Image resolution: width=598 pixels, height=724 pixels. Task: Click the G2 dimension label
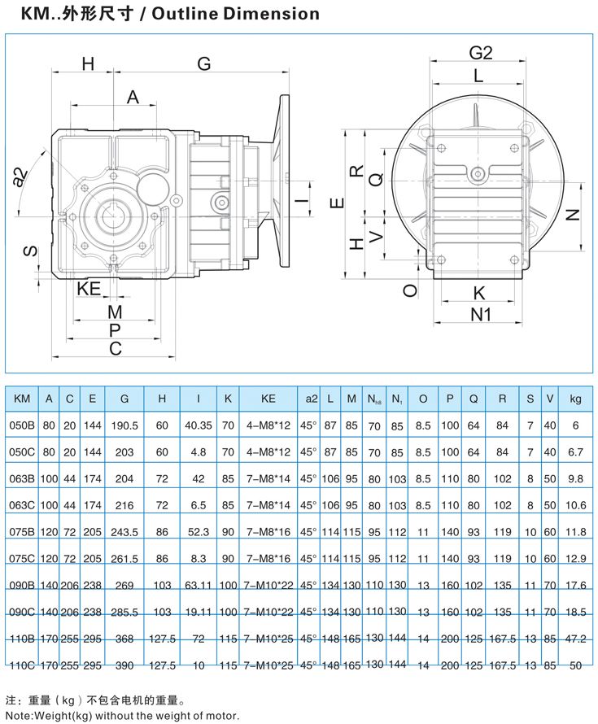pos(481,53)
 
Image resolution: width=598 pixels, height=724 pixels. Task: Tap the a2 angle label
pos(22,177)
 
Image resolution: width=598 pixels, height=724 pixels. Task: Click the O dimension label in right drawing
pos(411,290)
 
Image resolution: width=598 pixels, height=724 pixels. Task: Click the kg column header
pos(575,399)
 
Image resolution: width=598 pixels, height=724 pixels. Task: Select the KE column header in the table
pos(269,399)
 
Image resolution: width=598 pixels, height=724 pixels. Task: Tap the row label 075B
pos(23,532)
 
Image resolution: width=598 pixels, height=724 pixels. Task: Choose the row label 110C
pos(23,665)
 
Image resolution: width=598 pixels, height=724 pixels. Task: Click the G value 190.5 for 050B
pos(124,425)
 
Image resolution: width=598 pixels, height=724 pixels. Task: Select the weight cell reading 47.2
pos(575,639)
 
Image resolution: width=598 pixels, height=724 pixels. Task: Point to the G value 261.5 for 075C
pos(124,559)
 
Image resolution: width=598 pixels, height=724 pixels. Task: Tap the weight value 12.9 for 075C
pos(575,559)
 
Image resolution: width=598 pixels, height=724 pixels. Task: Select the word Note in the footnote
pos(17,715)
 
